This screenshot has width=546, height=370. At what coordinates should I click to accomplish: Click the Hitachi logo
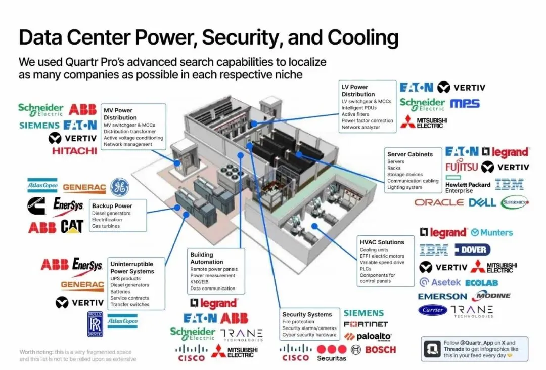pyautogui.click(x=74, y=151)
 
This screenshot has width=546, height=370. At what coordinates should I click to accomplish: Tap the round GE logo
pyautogui.click(x=119, y=186)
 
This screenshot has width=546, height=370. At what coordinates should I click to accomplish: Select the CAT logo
pyautogui.click(x=72, y=227)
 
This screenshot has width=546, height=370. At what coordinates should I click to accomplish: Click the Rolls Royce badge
pyautogui.click(x=95, y=324)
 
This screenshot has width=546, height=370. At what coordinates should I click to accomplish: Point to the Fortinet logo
pyautogui.click(x=366, y=324)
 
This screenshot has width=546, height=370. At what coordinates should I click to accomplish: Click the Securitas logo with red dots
pyautogui.click(x=332, y=352)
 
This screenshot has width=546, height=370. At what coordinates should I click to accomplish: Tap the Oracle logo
pyautogui.click(x=439, y=202)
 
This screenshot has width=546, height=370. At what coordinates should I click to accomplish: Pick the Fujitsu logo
pyautogui.click(x=461, y=167)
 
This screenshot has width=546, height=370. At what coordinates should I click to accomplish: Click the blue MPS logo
pyautogui.click(x=465, y=104)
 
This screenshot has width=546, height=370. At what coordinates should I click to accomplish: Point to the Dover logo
pyautogui.click(x=472, y=250)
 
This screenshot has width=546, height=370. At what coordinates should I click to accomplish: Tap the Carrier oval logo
pyautogui.click(x=433, y=310)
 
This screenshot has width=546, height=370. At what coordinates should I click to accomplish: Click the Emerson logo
pyautogui.click(x=442, y=296)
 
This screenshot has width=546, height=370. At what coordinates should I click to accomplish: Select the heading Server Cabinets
pyautogui.click(x=410, y=154)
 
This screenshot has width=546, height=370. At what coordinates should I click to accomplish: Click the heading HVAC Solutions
pyautogui.click(x=382, y=242)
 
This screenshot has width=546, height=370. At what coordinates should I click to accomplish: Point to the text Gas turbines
pyautogui.click(x=106, y=226)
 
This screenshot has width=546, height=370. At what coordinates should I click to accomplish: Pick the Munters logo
pyautogui.click(x=491, y=233)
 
